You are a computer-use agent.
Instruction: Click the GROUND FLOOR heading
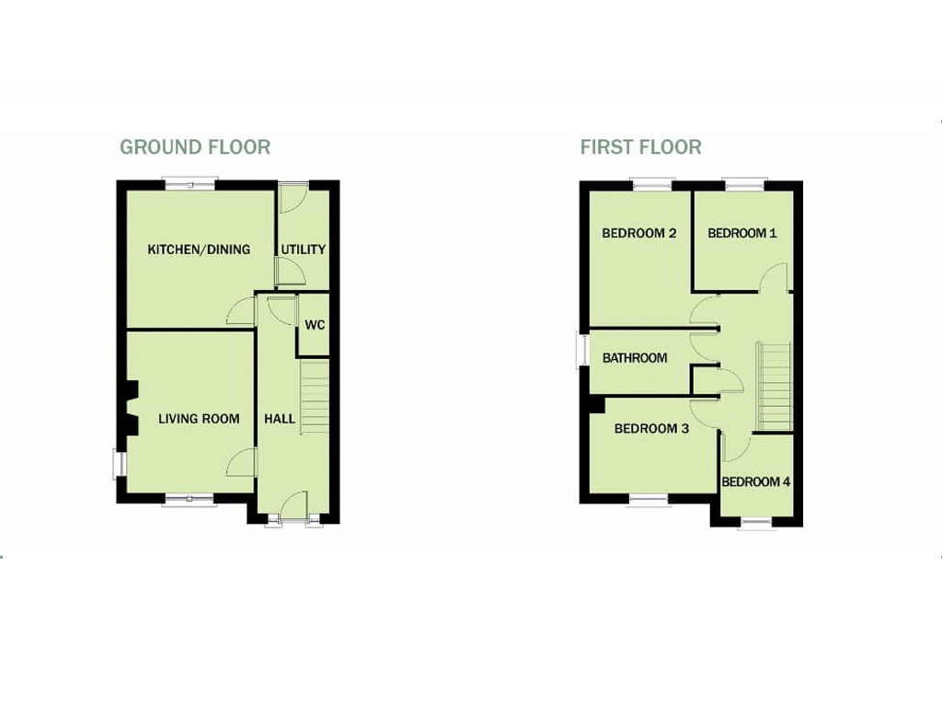click(195, 147)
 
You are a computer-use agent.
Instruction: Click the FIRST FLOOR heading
click(640, 147)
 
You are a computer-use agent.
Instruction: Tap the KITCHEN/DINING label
click(199, 249)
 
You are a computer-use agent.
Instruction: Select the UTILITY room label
click(304, 249)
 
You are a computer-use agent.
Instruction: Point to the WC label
click(315, 325)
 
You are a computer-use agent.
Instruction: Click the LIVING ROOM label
click(199, 419)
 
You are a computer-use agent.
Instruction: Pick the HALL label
click(280, 419)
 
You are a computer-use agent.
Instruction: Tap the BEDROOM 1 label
click(742, 233)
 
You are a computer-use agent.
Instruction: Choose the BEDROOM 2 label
click(639, 233)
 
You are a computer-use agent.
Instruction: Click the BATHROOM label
click(635, 358)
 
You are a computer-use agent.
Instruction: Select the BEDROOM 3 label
click(651, 429)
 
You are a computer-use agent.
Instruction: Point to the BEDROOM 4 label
click(756, 482)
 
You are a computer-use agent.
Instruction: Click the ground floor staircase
click(315, 397)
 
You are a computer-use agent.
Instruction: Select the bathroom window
click(581, 350)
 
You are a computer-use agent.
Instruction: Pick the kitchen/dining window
click(190, 184)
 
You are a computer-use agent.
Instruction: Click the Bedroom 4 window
click(756, 523)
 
